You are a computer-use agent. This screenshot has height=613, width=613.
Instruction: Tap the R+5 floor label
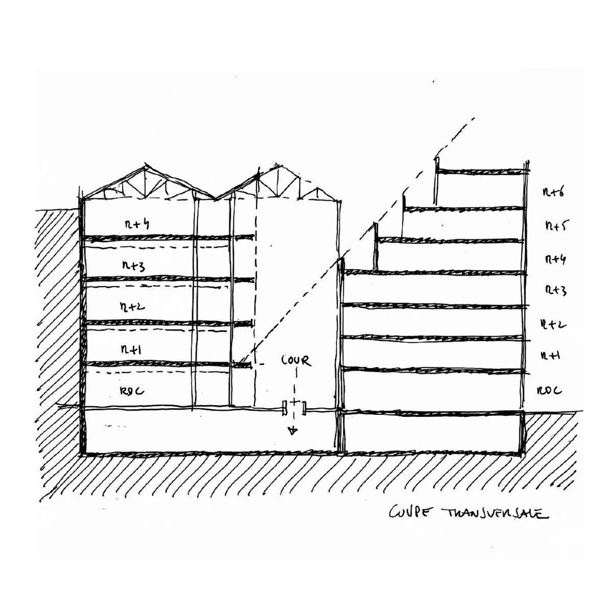[553, 225]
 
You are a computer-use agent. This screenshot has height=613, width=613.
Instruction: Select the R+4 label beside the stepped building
[553, 259]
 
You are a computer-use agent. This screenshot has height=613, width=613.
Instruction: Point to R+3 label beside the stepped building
[553, 291]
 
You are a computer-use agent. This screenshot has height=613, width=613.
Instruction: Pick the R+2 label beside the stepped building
[553, 324]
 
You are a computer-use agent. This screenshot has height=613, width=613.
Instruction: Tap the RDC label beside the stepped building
[550, 391]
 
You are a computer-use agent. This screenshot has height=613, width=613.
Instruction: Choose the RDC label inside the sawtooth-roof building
[132, 391]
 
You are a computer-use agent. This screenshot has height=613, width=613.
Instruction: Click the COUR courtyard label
[296, 361]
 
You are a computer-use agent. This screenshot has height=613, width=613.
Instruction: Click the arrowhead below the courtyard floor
[293, 431]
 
